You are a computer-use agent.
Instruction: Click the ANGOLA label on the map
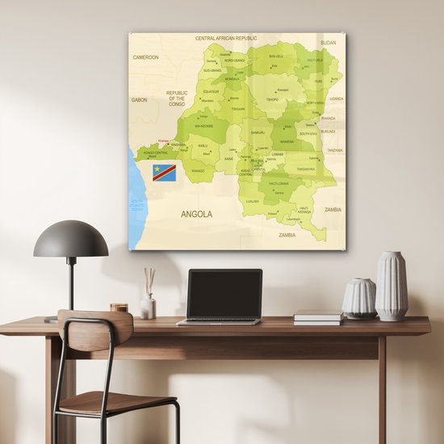197,214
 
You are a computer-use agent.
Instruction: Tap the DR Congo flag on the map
165,172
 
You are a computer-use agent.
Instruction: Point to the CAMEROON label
146,57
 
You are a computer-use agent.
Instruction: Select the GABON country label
139,100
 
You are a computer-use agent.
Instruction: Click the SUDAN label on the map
328,42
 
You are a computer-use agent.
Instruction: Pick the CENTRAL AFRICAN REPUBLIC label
226,38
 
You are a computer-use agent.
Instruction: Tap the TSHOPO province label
273,101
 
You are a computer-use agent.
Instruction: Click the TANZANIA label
334,150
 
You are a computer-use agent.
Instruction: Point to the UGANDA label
336,98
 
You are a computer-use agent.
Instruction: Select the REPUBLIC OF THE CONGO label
177,98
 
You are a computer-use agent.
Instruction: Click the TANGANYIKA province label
305,170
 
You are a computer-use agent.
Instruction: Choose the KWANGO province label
198,171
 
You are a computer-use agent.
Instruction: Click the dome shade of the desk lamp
71,241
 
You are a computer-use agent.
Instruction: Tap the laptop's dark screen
224,294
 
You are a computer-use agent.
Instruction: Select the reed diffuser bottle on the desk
149,304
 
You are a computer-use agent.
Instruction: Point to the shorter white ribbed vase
358,298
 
